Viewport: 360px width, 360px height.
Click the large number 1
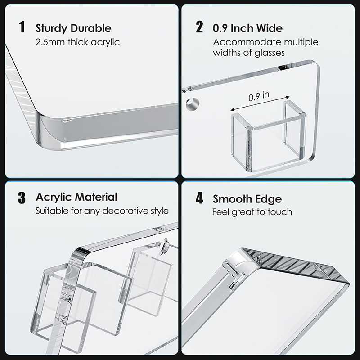pos(22,27)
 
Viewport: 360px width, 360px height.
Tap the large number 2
pos(199,27)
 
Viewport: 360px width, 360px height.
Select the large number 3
pos(22,198)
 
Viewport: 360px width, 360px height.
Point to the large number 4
pos(199,198)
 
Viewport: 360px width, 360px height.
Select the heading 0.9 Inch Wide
pos(247,28)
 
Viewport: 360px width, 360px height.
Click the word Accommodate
pos(247,42)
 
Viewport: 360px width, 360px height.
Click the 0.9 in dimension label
pos(259,96)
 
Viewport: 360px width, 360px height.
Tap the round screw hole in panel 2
pos(193,104)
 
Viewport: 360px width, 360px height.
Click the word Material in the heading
pos(96,197)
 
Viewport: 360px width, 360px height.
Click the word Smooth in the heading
pos(232,199)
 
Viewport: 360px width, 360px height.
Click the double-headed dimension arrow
pos(260,103)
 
